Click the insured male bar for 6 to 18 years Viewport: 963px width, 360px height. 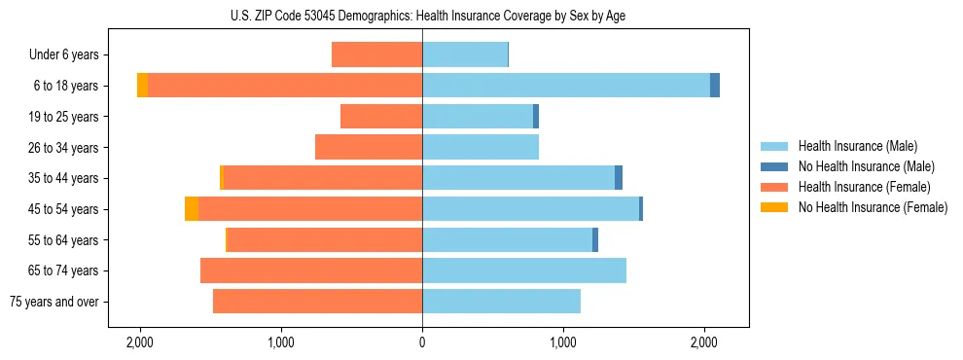pos(565,86)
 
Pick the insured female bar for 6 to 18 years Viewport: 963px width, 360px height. pos(284,86)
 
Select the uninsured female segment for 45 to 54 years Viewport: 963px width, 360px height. pos(192,209)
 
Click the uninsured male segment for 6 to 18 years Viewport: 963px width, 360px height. pos(715,86)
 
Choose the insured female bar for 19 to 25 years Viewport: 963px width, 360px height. pos(380,117)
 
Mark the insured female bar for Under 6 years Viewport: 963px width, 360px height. pos(376,55)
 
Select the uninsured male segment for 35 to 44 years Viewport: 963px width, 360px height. pos(619,178)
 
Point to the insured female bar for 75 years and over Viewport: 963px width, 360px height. pos(317,302)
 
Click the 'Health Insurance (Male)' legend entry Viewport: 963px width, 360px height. pos(857,146)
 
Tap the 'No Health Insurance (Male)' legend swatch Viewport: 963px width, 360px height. pos(774,166)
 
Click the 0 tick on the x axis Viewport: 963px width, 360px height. pos(422,342)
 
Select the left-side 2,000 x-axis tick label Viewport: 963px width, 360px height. pos(140,342)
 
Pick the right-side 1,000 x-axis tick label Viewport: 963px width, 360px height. pos(563,342)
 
